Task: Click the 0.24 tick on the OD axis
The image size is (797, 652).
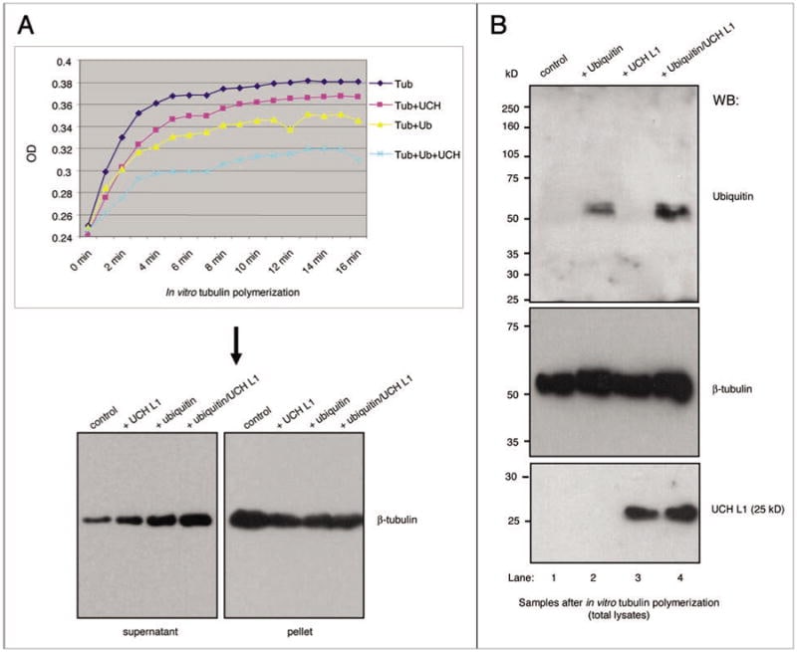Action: pyautogui.click(x=62, y=238)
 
